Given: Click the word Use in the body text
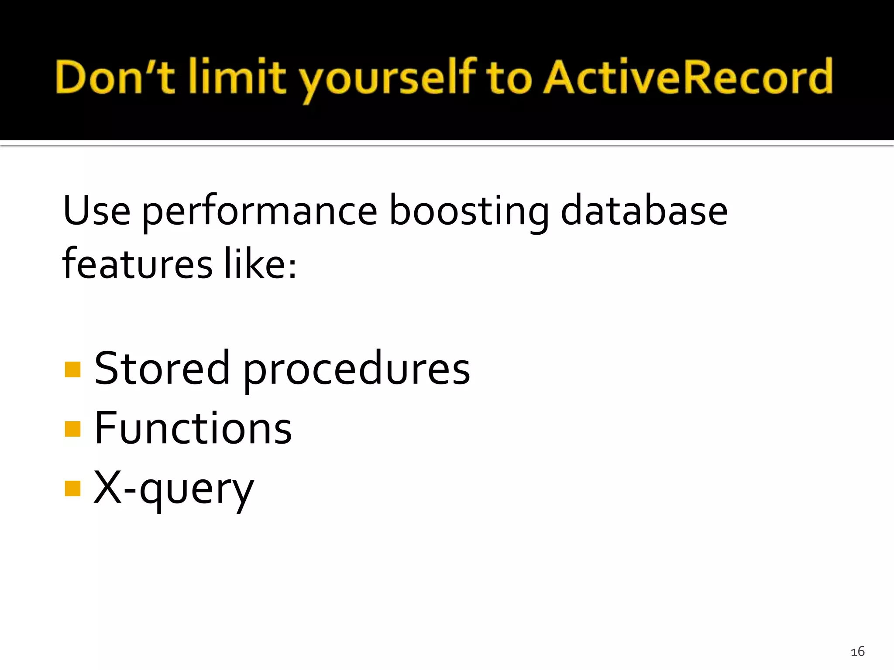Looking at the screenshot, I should point(96,211).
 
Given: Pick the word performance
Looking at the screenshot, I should point(260,213).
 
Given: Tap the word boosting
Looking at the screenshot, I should point(469,213).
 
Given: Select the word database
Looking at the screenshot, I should point(644,211).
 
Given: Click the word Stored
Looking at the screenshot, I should point(162,369).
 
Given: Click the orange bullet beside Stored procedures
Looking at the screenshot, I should point(72,369).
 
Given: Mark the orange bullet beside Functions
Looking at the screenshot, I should point(72,428).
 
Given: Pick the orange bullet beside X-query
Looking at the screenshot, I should point(72,488).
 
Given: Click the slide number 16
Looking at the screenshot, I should point(857,652).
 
